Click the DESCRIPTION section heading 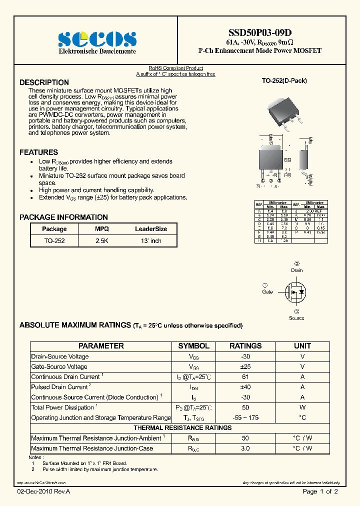click(44, 82)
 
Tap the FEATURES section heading click(38, 152)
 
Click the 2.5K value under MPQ click(101, 241)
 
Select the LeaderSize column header click(151, 229)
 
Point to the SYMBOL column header click(193, 346)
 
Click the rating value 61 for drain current click(245, 377)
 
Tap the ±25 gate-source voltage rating click(245, 367)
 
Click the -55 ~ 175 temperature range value click(245, 418)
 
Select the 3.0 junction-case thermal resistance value click(245, 448)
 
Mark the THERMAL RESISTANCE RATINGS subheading click(182, 428)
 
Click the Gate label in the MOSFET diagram click(267, 291)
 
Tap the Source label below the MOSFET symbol click(296, 318)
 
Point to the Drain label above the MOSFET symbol click(297, 270)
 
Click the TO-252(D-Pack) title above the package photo click(284, 80)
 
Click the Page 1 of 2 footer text click(320, 492)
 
